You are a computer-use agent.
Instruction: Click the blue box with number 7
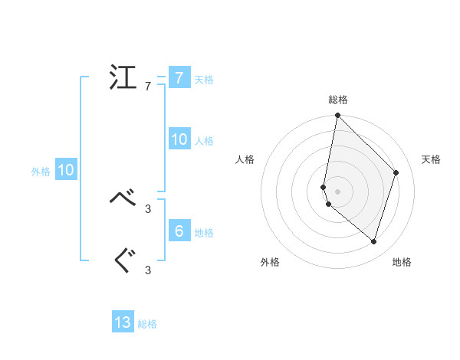(179, 78)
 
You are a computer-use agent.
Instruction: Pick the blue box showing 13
(123, 322)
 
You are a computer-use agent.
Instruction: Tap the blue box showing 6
(179, 231)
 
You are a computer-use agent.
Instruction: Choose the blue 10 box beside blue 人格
(179, 139)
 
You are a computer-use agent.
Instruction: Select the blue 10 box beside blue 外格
(66, 171)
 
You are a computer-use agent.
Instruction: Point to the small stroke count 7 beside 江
(148, 87)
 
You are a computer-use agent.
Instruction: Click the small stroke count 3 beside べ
(148, 208)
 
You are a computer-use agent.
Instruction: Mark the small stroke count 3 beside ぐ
(148, 270)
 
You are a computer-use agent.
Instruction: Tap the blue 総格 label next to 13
(147, 324)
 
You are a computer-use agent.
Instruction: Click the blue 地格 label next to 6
(204, 232)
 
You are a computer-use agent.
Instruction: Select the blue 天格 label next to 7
(204, 80)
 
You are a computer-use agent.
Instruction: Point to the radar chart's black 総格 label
(338, 100)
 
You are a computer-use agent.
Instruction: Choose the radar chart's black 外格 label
(270, 262)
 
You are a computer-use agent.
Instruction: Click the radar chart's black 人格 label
(245, 159)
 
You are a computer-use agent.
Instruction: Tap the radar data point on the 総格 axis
(338, 116)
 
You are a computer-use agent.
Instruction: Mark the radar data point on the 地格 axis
(373, 242)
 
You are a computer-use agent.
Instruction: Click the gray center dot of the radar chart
(338, 191)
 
